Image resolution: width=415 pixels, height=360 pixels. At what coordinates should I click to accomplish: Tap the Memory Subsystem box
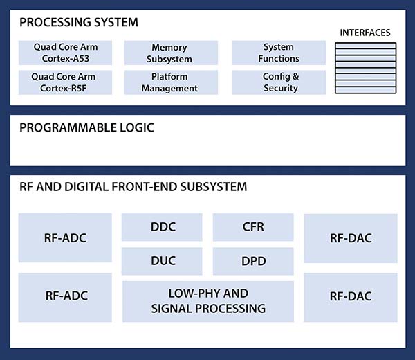point(169,53)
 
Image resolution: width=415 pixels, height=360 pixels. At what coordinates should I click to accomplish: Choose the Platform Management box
point(169,82)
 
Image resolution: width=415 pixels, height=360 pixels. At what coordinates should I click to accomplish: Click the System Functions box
point(279,53)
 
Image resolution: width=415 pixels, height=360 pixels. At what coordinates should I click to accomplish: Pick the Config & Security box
point(279,82)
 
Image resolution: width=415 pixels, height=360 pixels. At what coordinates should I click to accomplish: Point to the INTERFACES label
point(365,33)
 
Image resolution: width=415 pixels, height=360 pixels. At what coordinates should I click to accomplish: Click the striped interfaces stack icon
point(365,69)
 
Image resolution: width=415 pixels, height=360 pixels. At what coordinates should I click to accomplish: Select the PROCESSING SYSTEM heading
point(79,22)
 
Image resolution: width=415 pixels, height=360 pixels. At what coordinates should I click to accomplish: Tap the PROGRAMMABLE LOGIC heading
point(86,127)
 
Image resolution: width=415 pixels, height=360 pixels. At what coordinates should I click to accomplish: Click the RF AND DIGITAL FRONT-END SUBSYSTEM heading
point(133,187)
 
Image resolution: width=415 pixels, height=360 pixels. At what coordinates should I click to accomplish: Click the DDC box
point(163,227)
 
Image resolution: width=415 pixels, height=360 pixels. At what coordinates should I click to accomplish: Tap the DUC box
point(163,261)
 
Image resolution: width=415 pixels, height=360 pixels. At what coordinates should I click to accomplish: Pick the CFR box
point(253,227)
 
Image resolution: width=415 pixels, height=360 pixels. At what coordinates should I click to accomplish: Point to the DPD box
point(253,261)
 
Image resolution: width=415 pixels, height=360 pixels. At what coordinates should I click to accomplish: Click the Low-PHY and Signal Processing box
point(208,301)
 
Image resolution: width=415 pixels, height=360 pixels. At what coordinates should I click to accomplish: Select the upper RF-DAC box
point(351,238)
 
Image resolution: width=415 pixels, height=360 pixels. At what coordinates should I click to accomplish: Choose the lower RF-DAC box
point(351,296)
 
